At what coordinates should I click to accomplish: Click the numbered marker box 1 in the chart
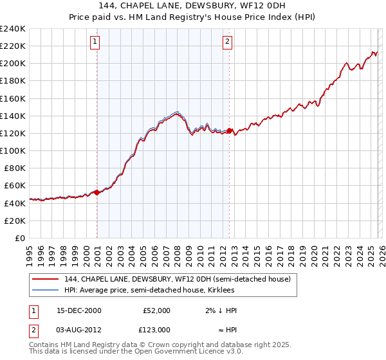[x=95, y=42]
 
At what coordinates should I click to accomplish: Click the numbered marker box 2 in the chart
[x=227, y=42]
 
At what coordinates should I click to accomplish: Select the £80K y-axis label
[x=15, y=168]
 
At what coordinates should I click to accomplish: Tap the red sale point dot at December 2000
[x=96, y=192]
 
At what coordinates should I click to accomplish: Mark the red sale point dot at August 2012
[x=229, y=130]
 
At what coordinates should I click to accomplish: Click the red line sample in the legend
[x=45, y=279]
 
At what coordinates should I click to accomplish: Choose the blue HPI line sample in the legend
[x=45, y=290]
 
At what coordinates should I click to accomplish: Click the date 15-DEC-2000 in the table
[x=79, y=310]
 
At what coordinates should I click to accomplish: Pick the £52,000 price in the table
[x=158, y=310]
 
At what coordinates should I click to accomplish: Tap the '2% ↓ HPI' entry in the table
[x=221, y=310]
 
